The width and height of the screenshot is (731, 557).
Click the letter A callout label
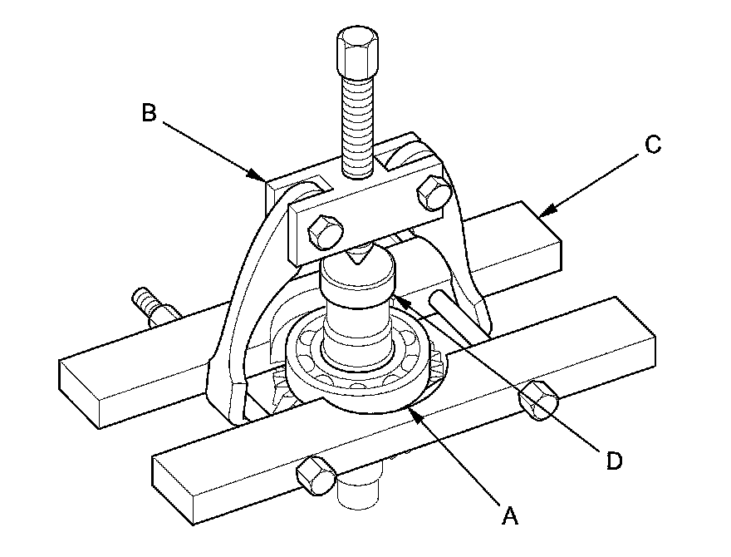click(511, 515)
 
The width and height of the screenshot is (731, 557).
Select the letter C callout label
click(652, 145)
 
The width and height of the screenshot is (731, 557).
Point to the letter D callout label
click(614, 460)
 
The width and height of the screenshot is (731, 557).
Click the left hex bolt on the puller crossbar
click(322, 233)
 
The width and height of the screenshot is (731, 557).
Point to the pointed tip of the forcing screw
click(360, 260)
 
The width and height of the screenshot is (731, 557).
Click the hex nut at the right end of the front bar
click(537, 401)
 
